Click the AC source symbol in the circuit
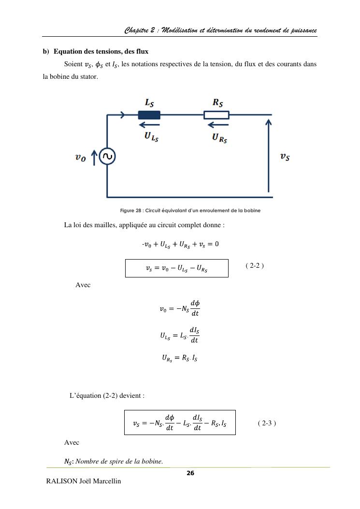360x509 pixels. tap(107, 157)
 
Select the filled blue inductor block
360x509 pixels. tap(149, 115)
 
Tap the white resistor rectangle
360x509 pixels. tap(216, 115)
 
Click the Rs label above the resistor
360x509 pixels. tap(217, 102)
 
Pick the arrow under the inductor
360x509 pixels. tap(150, 126)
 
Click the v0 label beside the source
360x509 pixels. tap(81, 158)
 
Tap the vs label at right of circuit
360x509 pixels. tap(285, 157)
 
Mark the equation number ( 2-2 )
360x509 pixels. tap(255, 266)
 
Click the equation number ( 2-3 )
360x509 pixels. tap(267, 423)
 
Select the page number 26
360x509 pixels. tap(190, 473)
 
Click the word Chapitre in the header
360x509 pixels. tap(136, 30)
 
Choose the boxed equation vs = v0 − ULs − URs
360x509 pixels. tap(176, 268)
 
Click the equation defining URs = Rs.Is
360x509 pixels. tap(179, 358)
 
